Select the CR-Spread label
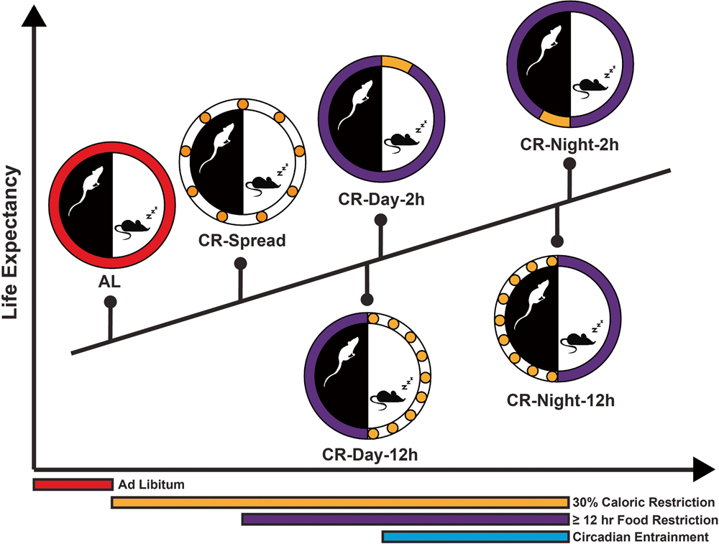(x=242, y=240)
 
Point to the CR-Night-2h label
(x=570, y=144)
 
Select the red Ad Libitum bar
(x=73, y=484)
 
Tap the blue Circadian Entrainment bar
(x=475, y=537)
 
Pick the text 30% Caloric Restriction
(x=644, y=502)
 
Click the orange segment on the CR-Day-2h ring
(x=396, y=65)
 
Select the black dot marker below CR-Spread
(x=241, y=264)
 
